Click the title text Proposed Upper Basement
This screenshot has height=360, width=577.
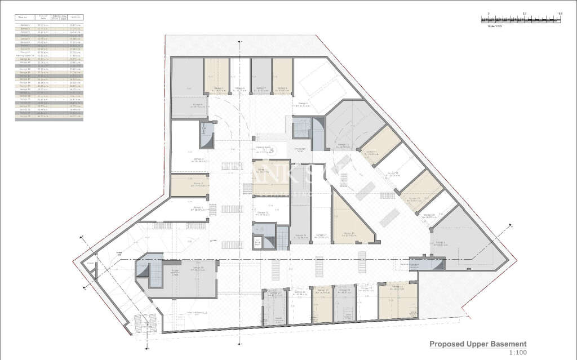[478, 344]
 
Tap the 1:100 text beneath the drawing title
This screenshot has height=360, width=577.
[517, 353]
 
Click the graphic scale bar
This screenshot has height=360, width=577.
[521, 19]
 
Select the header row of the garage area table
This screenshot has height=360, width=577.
[48, 18]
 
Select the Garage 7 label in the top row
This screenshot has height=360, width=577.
[261, 88]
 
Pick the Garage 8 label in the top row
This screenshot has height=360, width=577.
[282, 88]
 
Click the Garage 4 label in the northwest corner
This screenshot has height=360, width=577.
[197, 105]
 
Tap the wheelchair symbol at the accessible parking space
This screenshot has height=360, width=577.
[271, 150]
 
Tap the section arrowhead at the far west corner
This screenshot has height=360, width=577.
[85, 252]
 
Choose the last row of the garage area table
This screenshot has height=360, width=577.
[48, 116]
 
